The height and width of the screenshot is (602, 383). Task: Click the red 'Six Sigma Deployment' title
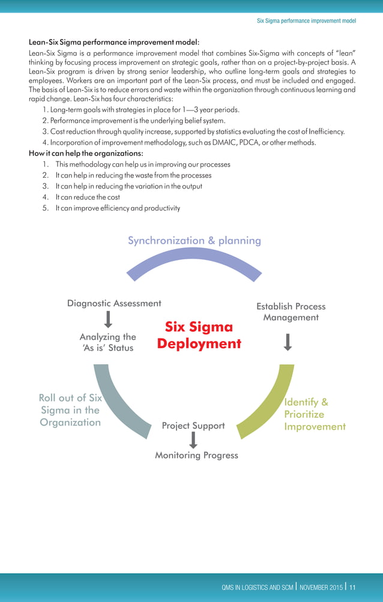(x=199, y=336)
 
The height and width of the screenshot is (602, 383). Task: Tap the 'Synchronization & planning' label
(x=194, y=241)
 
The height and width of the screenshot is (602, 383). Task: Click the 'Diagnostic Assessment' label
(x=113, y=304)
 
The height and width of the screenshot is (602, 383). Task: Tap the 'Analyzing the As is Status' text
(x=108, y=343)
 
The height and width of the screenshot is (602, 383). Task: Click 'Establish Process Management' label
(x=291, y=312)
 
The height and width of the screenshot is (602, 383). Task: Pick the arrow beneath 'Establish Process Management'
(x=288, y=342)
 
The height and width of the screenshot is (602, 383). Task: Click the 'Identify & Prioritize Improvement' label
(x=314, y=414)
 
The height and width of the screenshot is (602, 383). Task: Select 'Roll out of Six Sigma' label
(x=70, y=410)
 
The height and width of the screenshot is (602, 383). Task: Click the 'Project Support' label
(x=193, y=426)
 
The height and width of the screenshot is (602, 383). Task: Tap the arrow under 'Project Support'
(x=193, y=440)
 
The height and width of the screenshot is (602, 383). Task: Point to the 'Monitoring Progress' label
(x=196, y=456)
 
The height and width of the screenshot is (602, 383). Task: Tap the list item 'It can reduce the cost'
(x=87, y=197)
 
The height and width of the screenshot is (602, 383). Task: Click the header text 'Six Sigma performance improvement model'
(x=306, y=20)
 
